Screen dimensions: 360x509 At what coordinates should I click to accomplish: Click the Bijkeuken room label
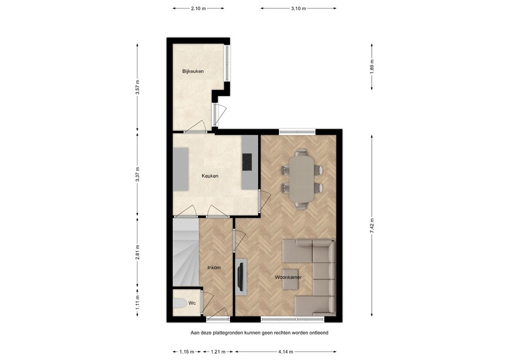click(x=193, y=71)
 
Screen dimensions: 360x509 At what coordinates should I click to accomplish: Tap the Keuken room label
click(x=210, y=176)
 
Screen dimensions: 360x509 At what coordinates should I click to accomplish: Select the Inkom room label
click(x=214, y=268)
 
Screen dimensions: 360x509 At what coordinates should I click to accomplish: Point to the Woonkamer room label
click(x=288, y=277)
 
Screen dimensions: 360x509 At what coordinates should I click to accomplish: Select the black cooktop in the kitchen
click(x=247, y=162)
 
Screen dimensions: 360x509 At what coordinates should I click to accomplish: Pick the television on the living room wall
click(x=240, y=275)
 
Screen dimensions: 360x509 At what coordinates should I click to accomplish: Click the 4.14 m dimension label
click(x=286, y=352)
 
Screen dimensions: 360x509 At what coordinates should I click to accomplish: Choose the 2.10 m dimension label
click(x=198, y=8)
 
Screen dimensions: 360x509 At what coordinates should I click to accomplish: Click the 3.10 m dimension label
click(x=298, y=8)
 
